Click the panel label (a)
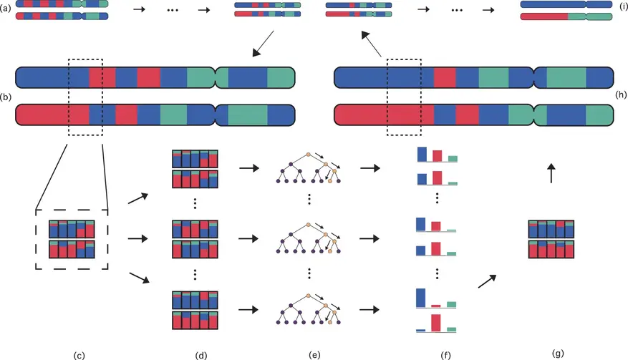[x=6, y=7]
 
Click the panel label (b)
[x=6, y=97]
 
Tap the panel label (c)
[x=79, y=355]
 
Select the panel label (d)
[x=201, y=355]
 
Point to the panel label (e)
[x=314, y=355]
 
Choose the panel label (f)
[x=445, y=355]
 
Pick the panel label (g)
[x=558, y=353]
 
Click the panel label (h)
[x=621, y=94]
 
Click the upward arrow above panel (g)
[x=551, y=173]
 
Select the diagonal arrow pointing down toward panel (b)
[x=263, y=44]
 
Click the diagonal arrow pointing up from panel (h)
[x=371, y=44]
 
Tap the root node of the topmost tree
[x=309, y=155]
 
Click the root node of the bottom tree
[x=309, y=296]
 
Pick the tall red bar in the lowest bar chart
[x=436, y=323]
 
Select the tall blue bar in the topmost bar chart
[x=422, y=154]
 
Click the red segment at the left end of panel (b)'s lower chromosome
[x=52, y=115]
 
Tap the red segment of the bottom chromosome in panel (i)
[x=544, y=16]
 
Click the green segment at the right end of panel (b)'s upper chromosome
[x=281, y=77]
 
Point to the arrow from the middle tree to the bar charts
[x=369, y=238]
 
